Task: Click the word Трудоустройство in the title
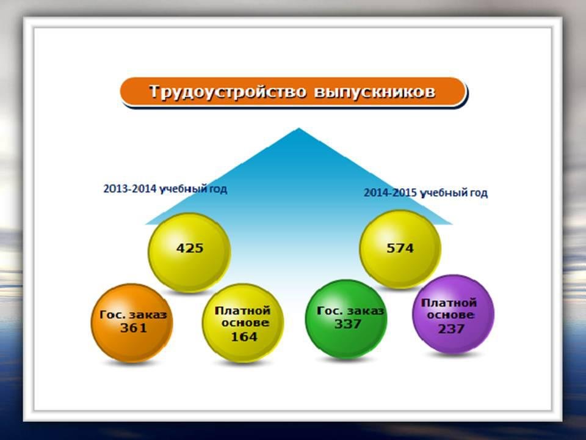click(x=228, y=92)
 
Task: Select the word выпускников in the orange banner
click(x=375, y=92)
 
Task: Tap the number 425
click(x=190, y=248)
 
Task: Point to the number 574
click(x=400, y=248)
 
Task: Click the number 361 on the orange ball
click(x=134, y=328)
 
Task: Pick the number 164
click(x=244, y=337)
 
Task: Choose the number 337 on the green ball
click(x=347, y=324)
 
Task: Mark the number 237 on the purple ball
click(x=451, y=329)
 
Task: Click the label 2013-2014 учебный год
click(x=165, y=189)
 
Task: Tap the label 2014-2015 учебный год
click(x=425, y=193)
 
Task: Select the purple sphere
click(x=453, y=314)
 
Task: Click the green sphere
click(x=346, y=319)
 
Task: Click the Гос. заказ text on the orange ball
click(x=133, y=315)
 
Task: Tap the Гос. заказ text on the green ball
click(x=350, y=311)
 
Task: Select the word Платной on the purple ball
click(x=449, y=302)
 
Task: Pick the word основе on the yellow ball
click(x=245, y=323)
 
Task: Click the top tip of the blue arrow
click(x=298, y=128)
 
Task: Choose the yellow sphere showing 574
click(x=400, y=249)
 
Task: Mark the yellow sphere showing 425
click(x=189, y=252)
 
